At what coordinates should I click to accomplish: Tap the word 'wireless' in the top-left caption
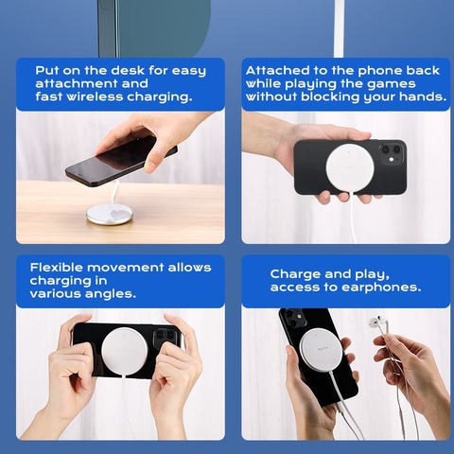[95, 96]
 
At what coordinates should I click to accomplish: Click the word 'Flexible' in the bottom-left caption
[56, 268]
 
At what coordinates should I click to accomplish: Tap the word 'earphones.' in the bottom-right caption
[381, 288]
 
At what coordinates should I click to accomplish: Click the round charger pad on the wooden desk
[110, 215]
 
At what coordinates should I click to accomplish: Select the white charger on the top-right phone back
[350, 167]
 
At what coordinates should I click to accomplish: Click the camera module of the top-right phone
[393, 153]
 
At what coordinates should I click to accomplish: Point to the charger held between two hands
[124, 350]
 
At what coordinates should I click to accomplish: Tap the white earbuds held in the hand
[376, 323]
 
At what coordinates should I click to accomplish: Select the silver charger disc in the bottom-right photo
[321, 350]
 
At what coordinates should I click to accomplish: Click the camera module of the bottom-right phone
[294, 317]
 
